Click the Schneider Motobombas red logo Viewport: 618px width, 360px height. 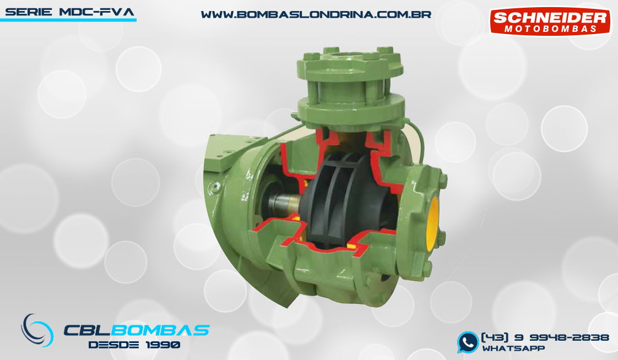[550, 21]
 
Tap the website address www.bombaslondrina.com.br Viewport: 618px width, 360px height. [316, 14]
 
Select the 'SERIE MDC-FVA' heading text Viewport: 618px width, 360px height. [69, 12]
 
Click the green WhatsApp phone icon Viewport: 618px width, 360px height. [468, 342]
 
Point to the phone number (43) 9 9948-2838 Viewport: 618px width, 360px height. [545, 337]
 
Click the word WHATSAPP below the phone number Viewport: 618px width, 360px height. [513, 348]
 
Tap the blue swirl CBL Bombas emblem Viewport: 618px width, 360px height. [37, 330]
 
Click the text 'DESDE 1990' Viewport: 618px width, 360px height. [134, 345]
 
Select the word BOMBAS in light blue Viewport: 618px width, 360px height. [163, 330]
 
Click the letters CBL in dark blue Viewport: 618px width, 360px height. [90, 330]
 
